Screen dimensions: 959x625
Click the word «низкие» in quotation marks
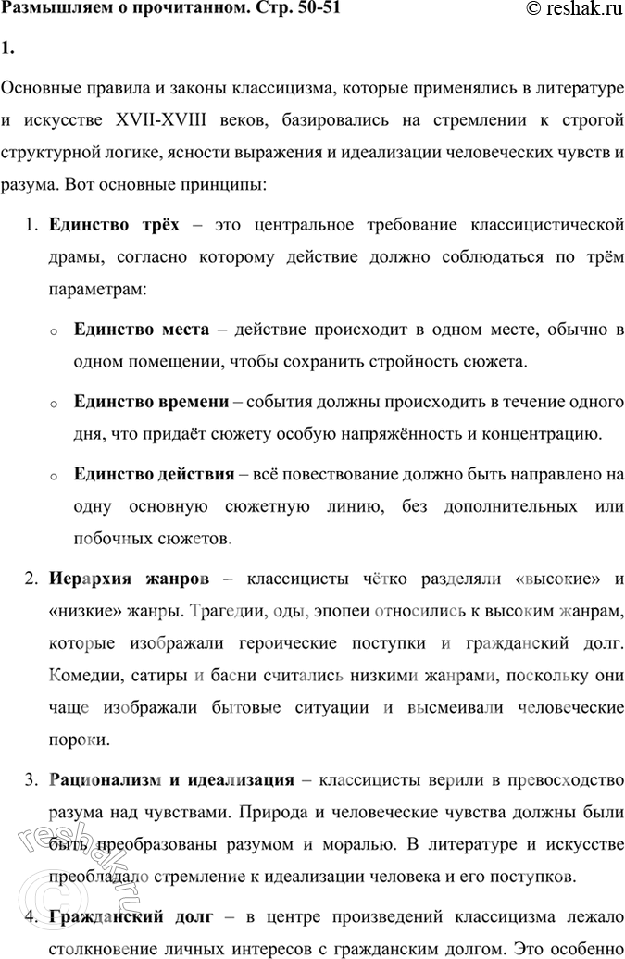(x=79, y=612)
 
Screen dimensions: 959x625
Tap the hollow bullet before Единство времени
(x=55, y=404)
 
